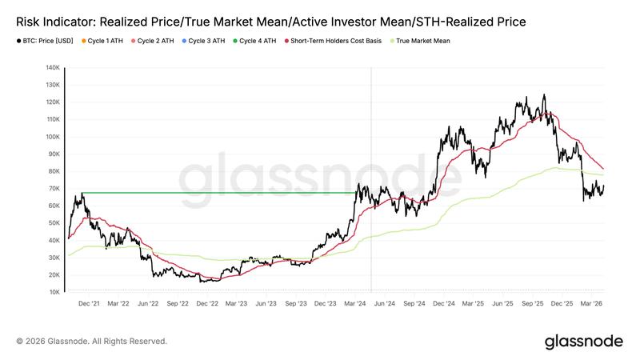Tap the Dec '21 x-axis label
click(90, 304)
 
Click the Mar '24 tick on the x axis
click(354, 304)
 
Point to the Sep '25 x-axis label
click(534, 304)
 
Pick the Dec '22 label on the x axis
click(207, 304)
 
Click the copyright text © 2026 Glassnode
click(91, 341)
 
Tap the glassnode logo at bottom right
click(583, 342)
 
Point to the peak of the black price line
click(544, 94)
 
